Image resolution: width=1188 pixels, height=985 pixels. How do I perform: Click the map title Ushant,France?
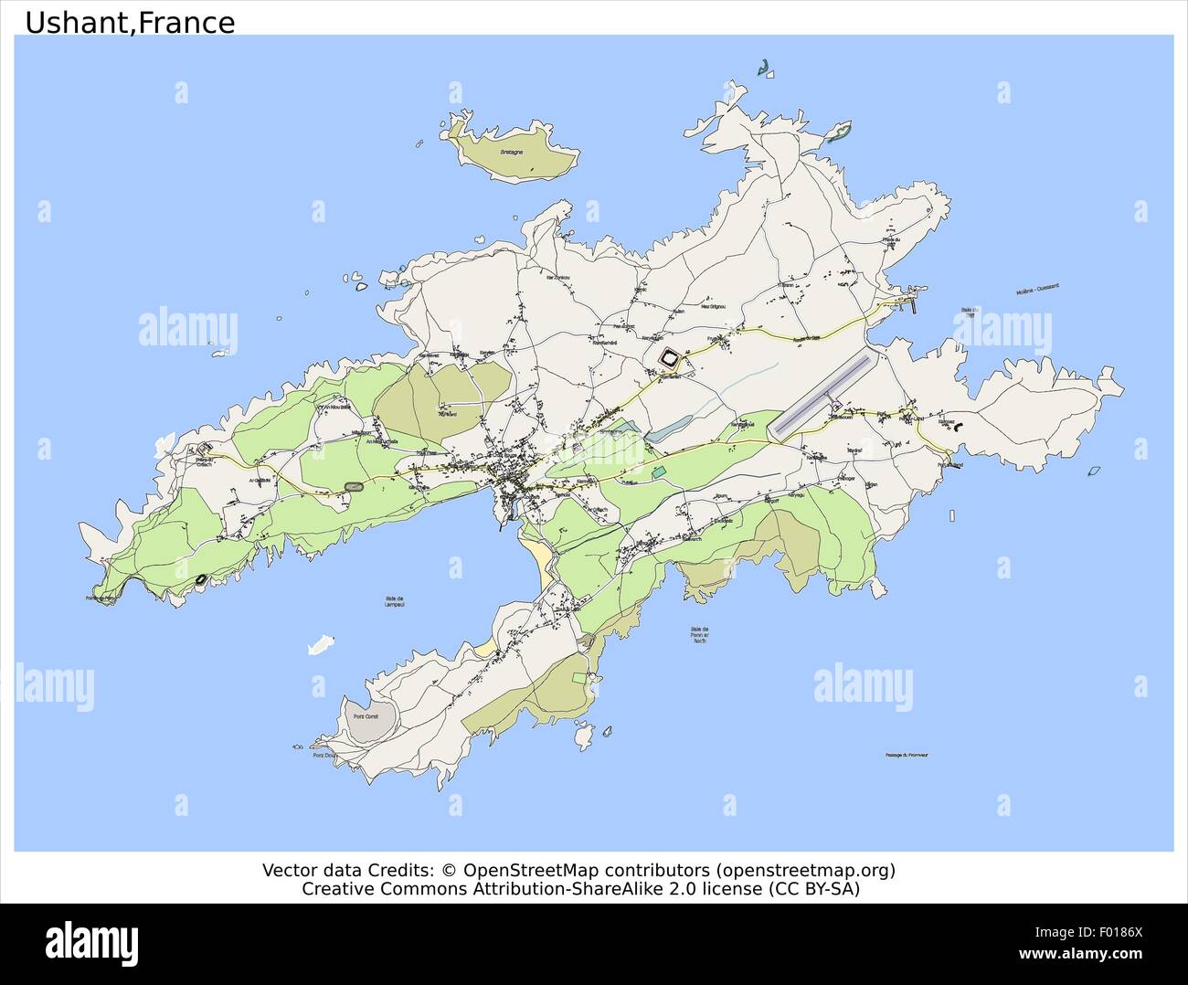(x=130, y=22)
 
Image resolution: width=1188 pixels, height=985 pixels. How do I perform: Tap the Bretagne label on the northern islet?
(x=512, y=153)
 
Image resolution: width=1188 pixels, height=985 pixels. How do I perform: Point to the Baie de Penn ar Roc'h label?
(x=700, y=634)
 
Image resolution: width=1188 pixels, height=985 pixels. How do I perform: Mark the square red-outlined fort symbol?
(x=672, y=359)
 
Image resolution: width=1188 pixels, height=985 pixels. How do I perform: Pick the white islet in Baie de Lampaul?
(x=318, y=645)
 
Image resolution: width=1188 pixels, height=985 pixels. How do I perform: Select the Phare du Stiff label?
(x=891, y=241)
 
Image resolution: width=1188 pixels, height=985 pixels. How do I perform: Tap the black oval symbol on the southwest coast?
(x=201, y=577)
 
